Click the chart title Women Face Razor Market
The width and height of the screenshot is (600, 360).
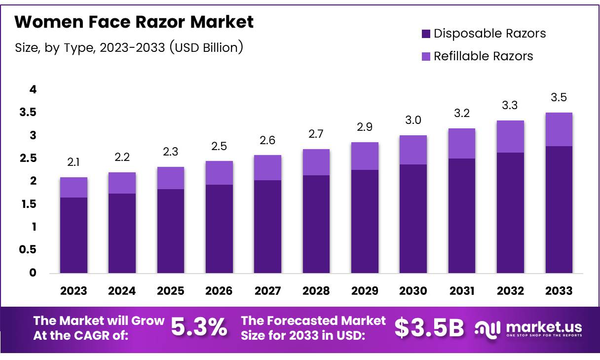[x=134, y=22]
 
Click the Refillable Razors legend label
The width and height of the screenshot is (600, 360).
[x=483, y=56]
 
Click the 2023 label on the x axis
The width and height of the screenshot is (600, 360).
[x=74, y=291]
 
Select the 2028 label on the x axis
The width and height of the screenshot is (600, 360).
[x=316, y=291]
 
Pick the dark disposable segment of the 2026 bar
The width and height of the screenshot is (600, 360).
[x=219, y=229]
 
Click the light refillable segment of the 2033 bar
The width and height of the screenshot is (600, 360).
[x=559, y=129]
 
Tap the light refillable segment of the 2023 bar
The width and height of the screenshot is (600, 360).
[x=74, y=187]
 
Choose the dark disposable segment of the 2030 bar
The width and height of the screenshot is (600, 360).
[x=413, y=218]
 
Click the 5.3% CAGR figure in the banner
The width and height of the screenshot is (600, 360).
[x=199, y=327]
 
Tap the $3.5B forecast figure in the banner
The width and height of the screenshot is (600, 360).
[x=429, y=327]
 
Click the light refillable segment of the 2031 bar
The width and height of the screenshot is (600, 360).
[x=461, y=143]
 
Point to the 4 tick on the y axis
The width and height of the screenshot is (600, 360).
[x=33, y=90]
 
